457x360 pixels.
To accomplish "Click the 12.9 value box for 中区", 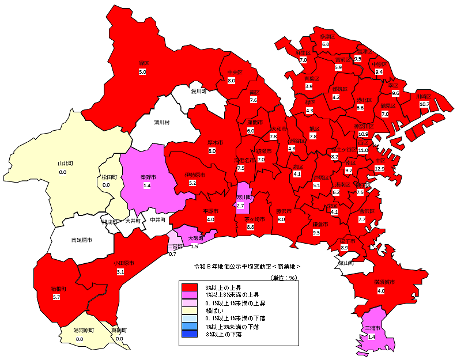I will click(x=379, y=168).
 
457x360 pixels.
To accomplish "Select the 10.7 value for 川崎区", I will click(x=424, y=104).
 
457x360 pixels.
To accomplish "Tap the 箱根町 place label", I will click(x=56, y=288).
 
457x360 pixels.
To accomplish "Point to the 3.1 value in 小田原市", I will click(x=120, y=271).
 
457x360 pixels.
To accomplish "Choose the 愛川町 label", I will click(x=199, y=91).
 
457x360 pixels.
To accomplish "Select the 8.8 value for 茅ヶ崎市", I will click(x=250, y=228).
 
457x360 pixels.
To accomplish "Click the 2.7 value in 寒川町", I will click(x=241, y=206).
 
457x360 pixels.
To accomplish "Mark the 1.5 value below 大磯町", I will click(x=194, y=247).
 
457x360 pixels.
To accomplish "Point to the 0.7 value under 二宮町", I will click(x=172, y=254).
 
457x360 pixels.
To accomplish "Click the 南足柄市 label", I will click(x=81, y=239).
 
